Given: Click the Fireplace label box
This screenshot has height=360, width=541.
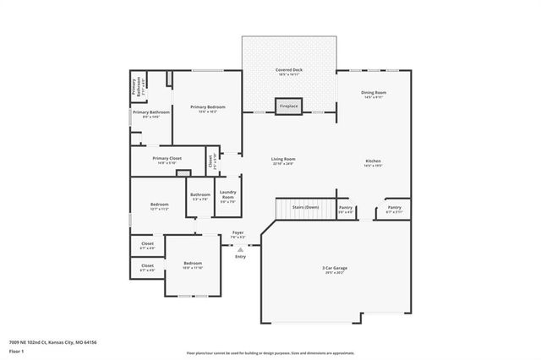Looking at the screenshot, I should [289, 106].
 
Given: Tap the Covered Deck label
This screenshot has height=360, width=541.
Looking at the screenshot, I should [289, 72].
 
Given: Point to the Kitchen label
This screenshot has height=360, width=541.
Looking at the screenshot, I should [374, 163].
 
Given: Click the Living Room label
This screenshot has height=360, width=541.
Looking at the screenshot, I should [282, 161].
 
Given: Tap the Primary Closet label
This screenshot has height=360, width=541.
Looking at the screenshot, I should [167, 160].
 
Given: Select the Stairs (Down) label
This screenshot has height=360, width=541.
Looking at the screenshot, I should [305, 206].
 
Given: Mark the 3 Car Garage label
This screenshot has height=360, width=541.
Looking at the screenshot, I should [335, 271].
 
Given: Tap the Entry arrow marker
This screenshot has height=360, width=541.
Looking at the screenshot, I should [241, 250].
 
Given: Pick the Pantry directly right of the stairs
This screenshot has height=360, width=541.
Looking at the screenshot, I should [346, 209].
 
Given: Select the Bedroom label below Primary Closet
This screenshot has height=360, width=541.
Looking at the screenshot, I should [160, 205].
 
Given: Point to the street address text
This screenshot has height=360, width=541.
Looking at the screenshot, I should [53, 342].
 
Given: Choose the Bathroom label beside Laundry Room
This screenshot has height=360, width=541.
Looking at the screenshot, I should [199, 196].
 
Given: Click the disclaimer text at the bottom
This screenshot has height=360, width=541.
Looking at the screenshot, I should [270, 352].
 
